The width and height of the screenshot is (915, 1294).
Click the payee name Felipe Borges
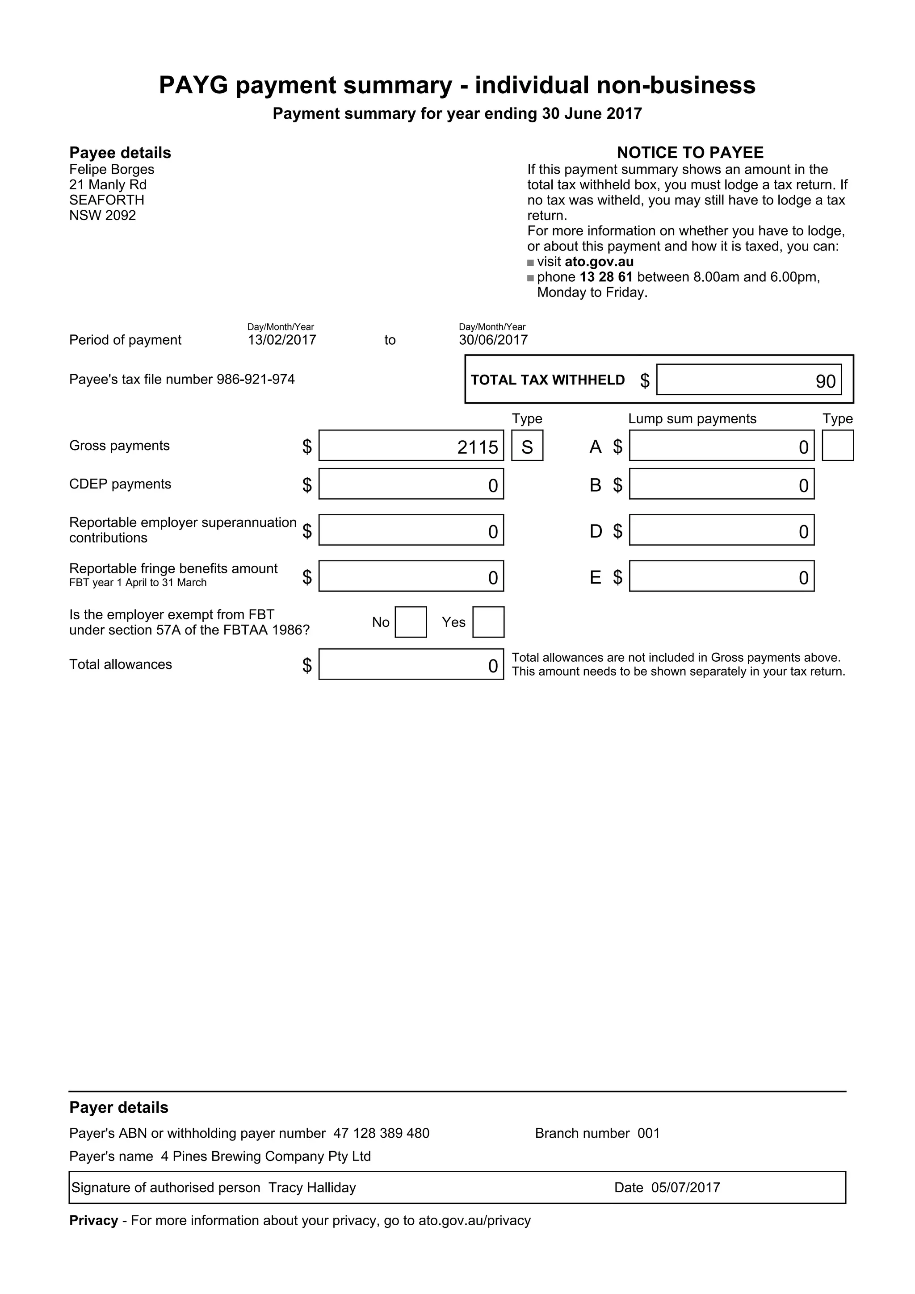pyautogui.click(x=112, y=170)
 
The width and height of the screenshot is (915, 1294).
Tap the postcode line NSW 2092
pyautogui.click(x=103, y=216)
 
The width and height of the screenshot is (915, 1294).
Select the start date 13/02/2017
pyautogui.click(x=282, y=340)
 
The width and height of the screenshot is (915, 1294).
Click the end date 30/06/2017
pyautogui.click(x=493, y=340)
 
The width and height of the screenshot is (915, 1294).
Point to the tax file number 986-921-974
pyautogui.click(x=256, y=379)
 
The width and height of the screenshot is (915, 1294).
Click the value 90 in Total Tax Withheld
pyautogui.click(x=825, y=382)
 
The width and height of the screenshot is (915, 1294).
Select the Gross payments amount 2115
pyautogui.click(x=477, y=447)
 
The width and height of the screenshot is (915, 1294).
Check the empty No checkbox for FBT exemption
pyautogui.click(x=411, y=622)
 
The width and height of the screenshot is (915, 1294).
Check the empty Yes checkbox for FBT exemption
pyautogui.click(x=488, y=622)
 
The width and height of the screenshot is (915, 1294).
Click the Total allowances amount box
pyautogui.click(x=411, y=664)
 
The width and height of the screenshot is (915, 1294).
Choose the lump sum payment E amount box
pyautogui.click(x=722, y=576)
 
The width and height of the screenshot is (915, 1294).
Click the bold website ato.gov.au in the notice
pyautogui.click(x=599, y=262)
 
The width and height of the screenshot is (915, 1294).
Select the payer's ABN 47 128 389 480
pyautogui.click(x=381, y=1133)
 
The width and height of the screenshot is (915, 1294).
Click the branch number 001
pyautogui.click(x=648, y=1133)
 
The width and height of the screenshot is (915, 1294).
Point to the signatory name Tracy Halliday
pyautogui.click(x=312, y=1188)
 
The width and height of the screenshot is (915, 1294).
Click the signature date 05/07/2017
pyautogui.click(x=685, y=1188)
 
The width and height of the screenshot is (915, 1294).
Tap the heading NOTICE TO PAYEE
pyautogui.click(x=690, y=153)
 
